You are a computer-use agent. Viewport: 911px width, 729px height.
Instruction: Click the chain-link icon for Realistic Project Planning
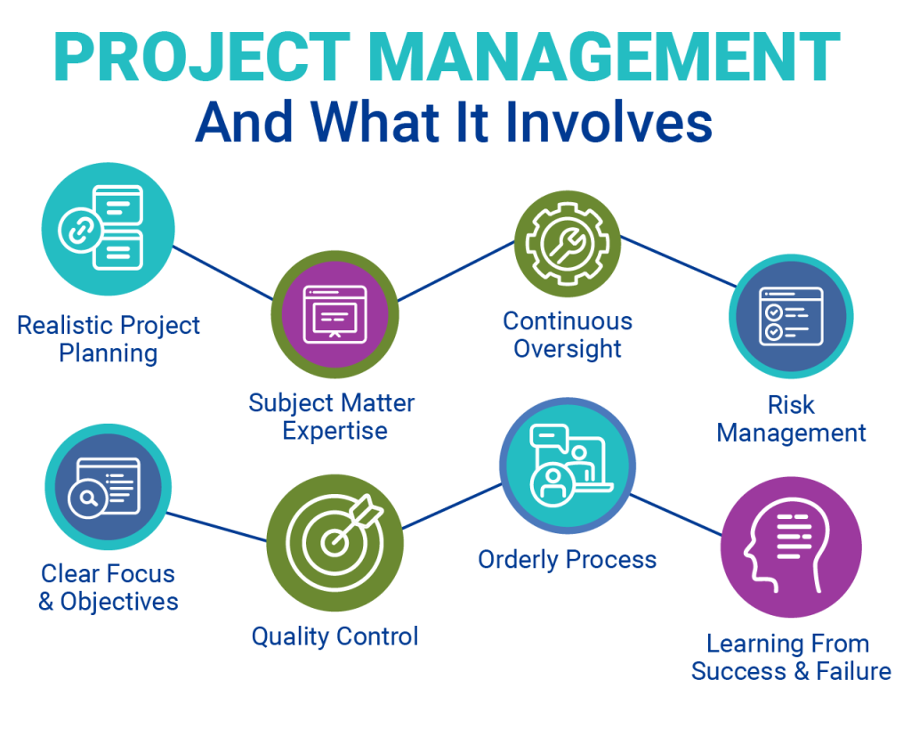(x=77, y=230)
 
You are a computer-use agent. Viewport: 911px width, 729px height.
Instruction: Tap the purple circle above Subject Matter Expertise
(x=335, y=313)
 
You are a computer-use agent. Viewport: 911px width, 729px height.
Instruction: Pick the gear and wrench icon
(x=567, y=243)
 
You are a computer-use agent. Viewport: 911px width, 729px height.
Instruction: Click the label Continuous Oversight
(x=568, y=335)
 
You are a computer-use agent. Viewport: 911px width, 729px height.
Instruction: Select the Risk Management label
(x=791, y=419)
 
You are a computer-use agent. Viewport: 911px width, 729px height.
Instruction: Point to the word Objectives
(x=119, y=602)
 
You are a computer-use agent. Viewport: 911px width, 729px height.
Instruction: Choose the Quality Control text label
(x=335, y=636)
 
